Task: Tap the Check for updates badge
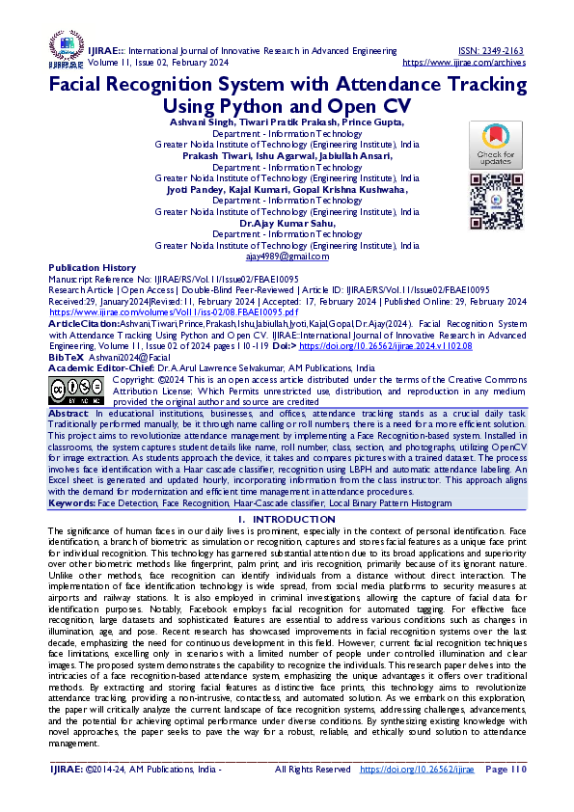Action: click(x=496, y=146)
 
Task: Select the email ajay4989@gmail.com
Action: click(x=287, y=257)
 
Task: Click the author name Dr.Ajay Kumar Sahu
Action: click(x=287, y=223)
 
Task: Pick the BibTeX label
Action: click(x=67, y=356)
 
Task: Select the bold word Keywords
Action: click(x=73, y=503)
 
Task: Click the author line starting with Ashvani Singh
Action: click(x=287, y=122)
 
